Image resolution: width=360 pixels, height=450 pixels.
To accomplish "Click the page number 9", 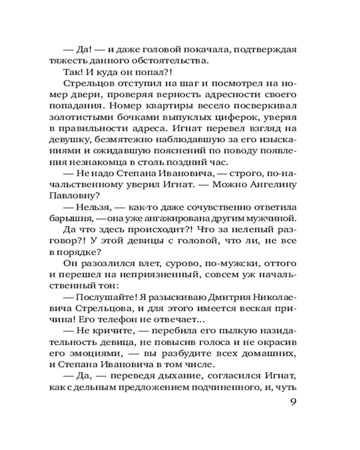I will (292, 402).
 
